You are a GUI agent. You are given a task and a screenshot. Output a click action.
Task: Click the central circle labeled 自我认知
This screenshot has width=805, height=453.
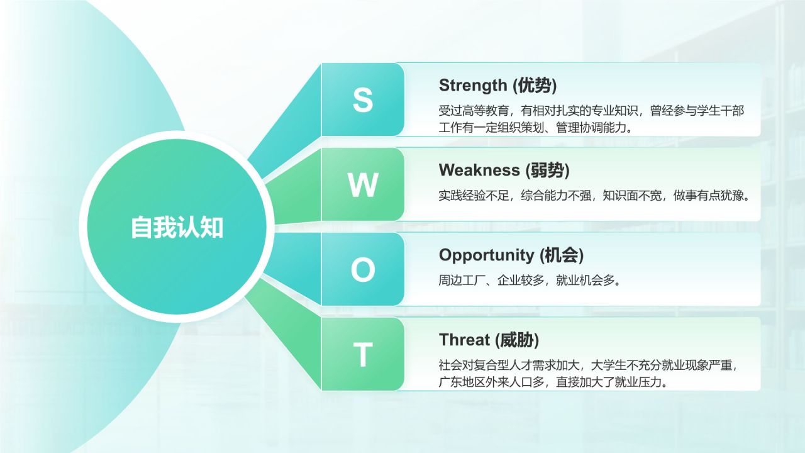point(177,227)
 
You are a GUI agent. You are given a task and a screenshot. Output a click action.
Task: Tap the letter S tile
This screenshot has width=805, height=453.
point(362,99)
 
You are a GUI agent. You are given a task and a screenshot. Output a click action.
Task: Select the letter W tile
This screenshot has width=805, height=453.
point(362,185)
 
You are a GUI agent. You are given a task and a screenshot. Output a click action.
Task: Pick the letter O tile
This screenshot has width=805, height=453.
point(362,270)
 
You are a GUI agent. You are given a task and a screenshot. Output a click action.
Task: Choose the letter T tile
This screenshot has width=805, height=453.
point(362,355)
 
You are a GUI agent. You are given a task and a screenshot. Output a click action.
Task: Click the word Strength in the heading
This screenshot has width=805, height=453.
point(472,85)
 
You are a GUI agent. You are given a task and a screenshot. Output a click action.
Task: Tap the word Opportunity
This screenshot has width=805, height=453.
point(486,255)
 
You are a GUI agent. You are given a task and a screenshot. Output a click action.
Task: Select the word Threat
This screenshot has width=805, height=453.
point(464,340)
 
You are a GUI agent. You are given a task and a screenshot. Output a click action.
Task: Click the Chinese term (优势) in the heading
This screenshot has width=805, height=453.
point(535,85)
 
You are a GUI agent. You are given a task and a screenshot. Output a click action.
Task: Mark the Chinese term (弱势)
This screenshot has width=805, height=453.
point(548,170)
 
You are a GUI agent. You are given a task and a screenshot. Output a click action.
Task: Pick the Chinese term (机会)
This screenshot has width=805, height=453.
point(562,255)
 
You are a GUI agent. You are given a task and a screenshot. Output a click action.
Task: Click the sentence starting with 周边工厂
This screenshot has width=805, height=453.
point(530,281)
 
